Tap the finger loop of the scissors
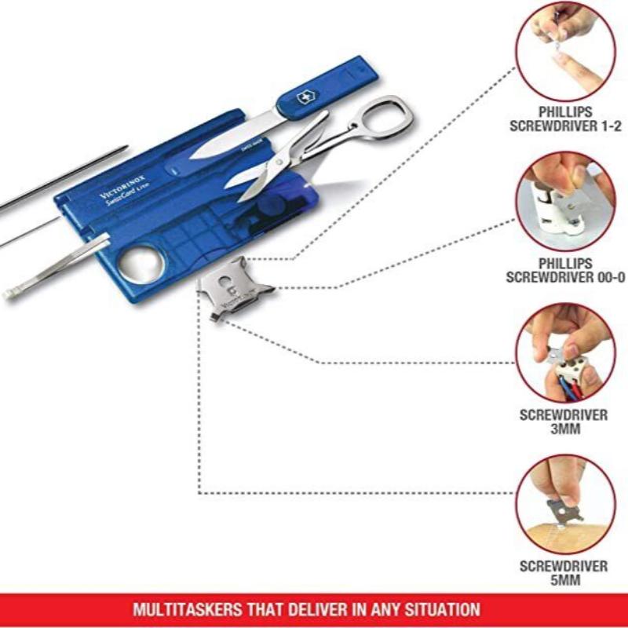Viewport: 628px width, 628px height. point(388,115)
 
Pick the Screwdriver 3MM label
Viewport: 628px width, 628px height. point(564,422)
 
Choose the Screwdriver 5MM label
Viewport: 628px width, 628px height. point(564,572)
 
